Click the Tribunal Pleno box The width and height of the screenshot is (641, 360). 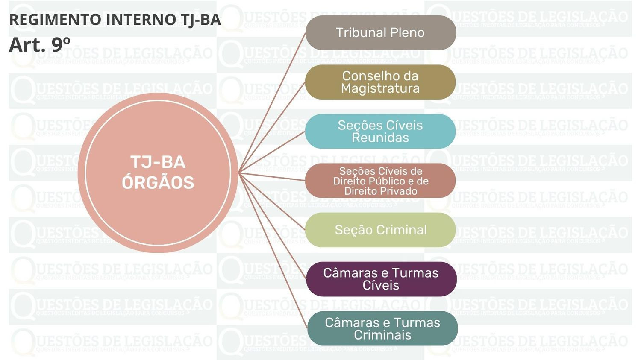coord(381,33)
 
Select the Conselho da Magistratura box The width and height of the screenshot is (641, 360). coord(380,82)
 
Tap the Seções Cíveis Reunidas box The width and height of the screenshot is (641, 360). coord(380,131)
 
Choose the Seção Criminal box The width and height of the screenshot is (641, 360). coord(380,230)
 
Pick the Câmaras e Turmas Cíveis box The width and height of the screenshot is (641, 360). coord(381,279)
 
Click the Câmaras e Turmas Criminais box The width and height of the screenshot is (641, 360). coord(382,328)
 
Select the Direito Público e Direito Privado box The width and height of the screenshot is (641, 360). coord(380,181)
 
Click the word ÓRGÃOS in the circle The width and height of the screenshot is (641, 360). coord(158,183)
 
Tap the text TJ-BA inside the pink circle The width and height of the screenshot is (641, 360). coord(158,162)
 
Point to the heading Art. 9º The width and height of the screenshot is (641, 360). coord(39,44)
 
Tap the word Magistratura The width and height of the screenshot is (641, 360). coord(380,88)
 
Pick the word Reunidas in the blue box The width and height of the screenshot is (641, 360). coord(380,138)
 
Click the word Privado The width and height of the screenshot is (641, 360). coord(399,191)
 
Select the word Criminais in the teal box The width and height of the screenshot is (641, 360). coord(382,335)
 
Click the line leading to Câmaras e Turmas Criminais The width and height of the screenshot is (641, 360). coord(273,251)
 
